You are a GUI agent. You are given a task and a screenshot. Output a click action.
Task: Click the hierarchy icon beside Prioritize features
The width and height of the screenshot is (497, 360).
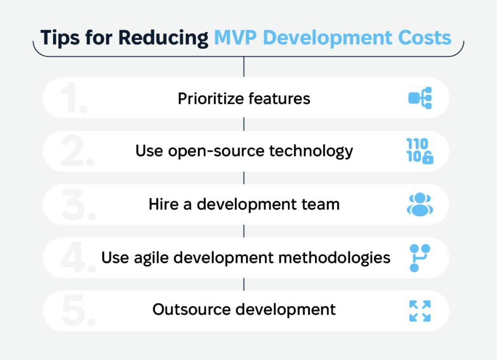point(420,99)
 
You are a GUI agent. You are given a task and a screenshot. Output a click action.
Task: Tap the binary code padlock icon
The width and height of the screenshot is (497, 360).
point(420,152)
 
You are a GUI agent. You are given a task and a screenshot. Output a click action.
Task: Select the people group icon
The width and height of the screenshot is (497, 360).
point(420,205)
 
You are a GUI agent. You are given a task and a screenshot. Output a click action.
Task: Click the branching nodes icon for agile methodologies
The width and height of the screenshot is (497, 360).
point(419,257)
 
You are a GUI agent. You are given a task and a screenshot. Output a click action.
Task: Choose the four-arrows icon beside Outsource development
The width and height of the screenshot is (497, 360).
point(420,311)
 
